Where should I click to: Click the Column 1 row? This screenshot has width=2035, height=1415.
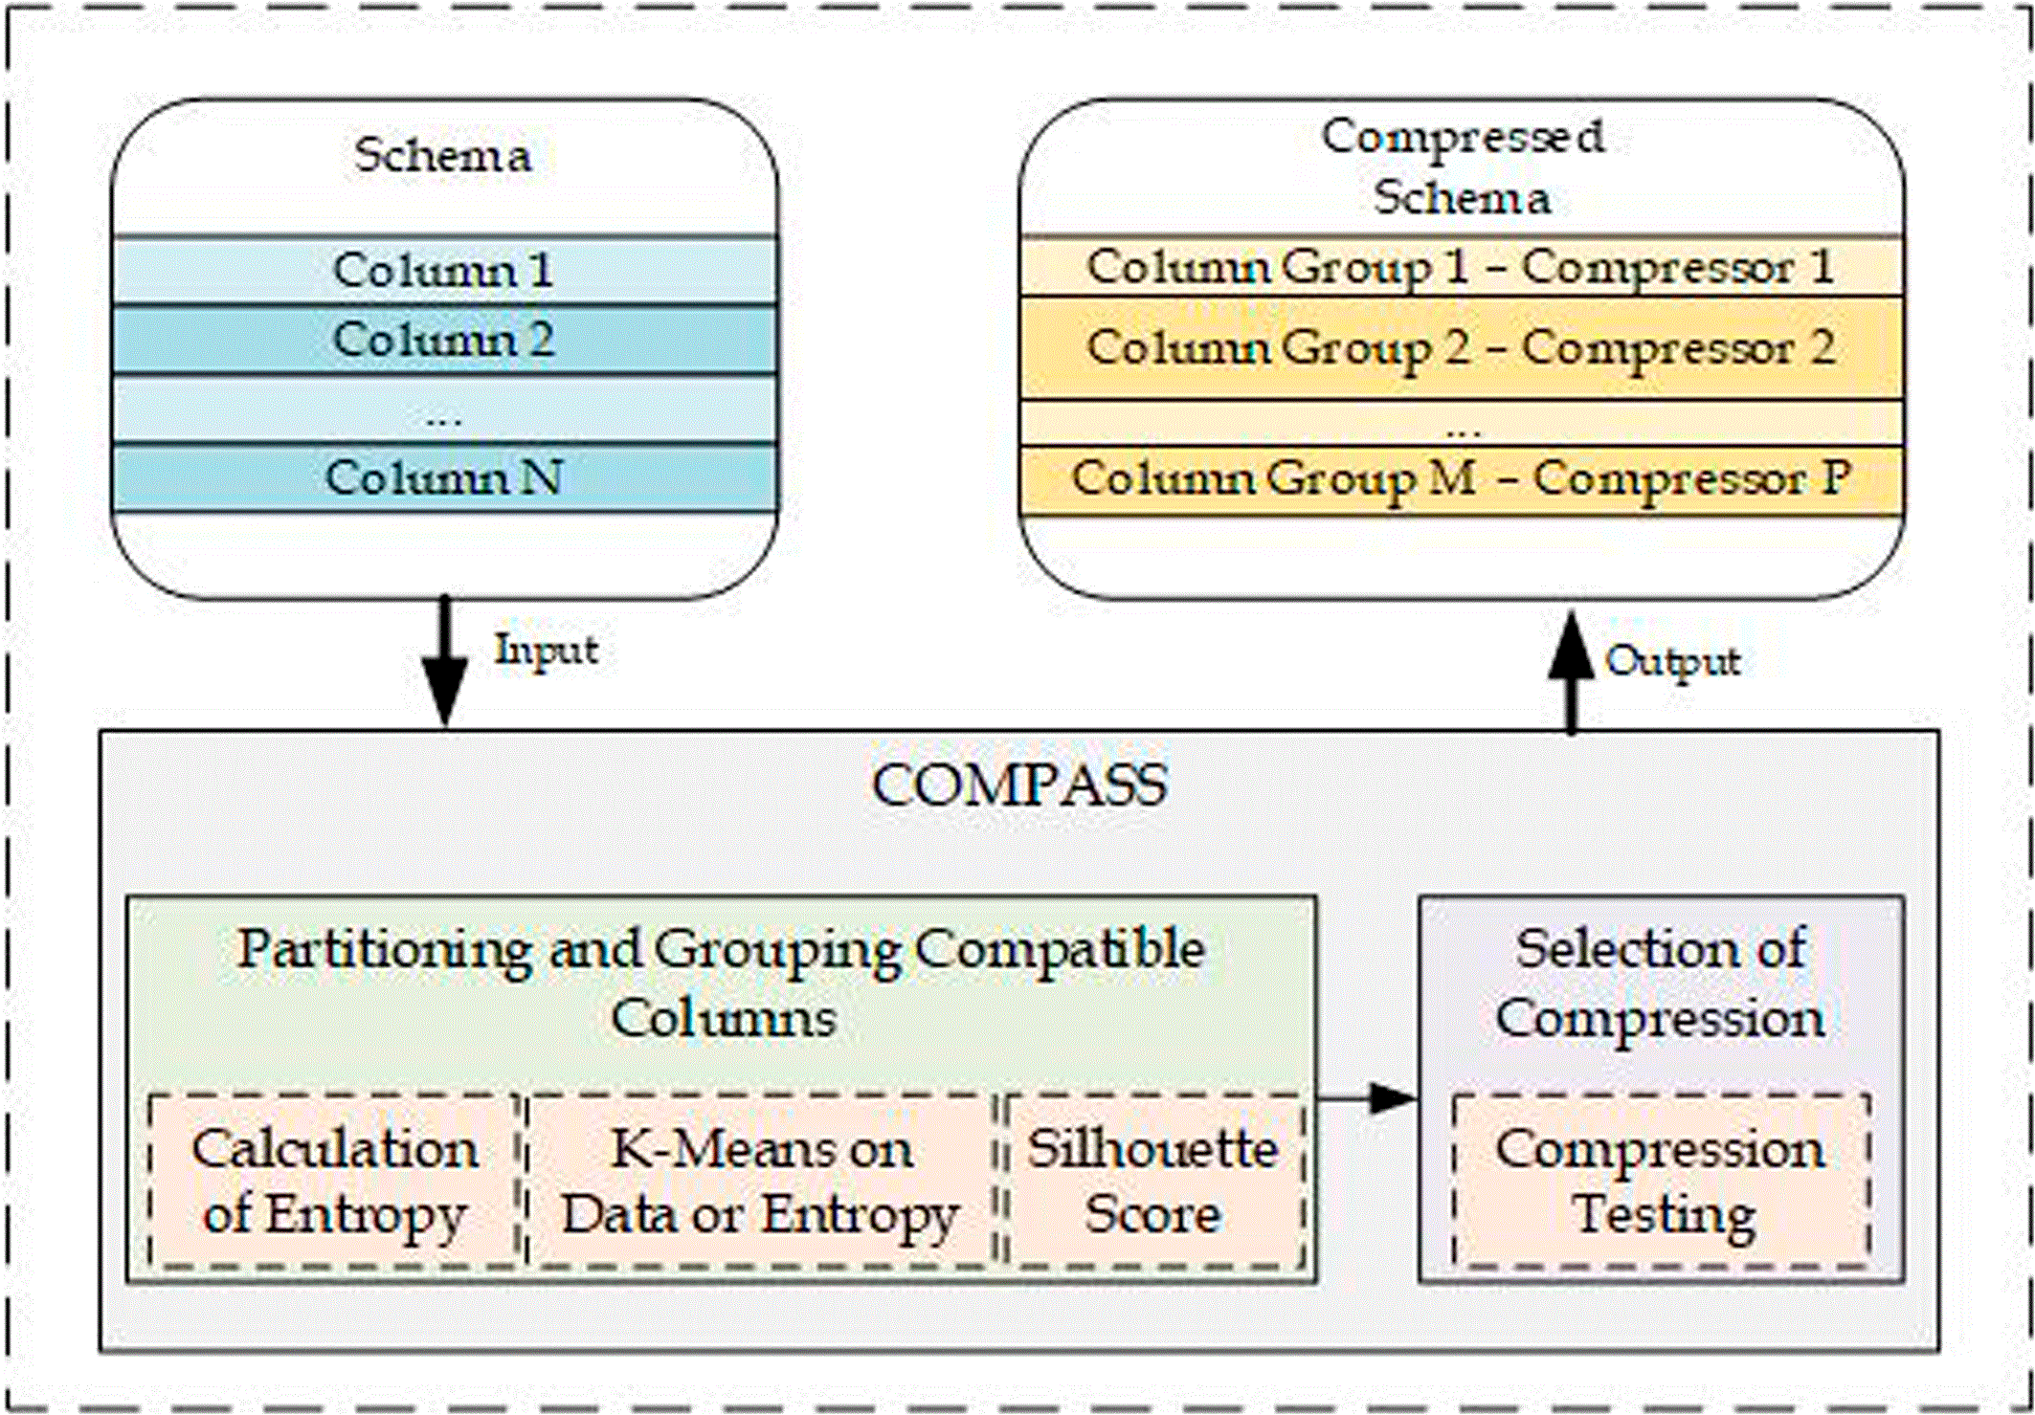(444, 271)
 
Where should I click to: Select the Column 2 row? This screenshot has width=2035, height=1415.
(444, 340)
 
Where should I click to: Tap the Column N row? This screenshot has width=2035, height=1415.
(444, 478)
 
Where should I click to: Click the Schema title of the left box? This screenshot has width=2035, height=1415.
(443, 156)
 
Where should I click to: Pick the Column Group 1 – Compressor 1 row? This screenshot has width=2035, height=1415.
(1461, 267)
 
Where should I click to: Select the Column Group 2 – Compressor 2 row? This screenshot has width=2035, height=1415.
(1461, 348)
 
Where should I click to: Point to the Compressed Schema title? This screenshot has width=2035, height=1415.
(1463, 167)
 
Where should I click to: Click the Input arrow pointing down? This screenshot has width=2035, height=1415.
(445, 662)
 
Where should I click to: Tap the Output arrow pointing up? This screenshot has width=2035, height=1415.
(1572, 673)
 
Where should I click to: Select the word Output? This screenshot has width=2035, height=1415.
(1673, 662)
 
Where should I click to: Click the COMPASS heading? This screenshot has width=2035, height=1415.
(1020, 786)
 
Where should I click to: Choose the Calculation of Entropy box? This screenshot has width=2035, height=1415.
(335, 1182)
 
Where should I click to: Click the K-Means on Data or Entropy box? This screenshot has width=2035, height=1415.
(761, 1182)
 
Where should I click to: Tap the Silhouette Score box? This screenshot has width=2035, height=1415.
(1153, 1182)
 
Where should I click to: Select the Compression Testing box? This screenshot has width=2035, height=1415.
(1662, 1182)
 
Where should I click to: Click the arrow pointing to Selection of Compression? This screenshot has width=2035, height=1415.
(1367, 1098)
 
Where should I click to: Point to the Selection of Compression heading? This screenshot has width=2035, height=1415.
(1661, 983)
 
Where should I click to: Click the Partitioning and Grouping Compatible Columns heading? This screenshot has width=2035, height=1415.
(722, 983)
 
